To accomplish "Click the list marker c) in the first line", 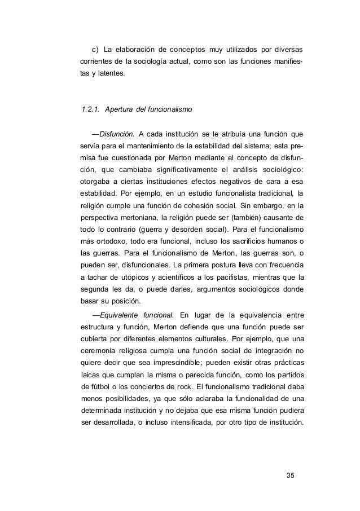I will [87, 56].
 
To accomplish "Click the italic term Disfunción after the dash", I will [113, 134].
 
